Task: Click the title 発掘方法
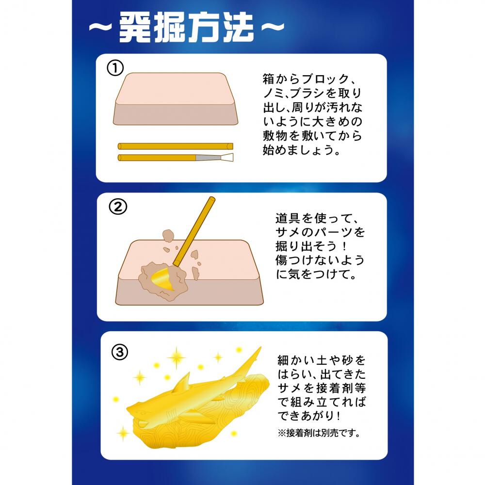tap(187, 28)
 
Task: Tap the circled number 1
tap(115, 68)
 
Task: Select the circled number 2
tap(118, 207)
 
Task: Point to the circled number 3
tap(120, 352)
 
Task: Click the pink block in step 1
tap(176, 99)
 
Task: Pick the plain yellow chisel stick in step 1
tap(176, 146)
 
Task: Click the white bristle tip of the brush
tap(227, 157)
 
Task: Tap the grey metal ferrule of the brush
tap(208, 158)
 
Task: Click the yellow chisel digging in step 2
tap(194, 231)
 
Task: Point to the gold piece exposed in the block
tap(162, 279)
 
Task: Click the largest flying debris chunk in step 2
tap(168, 236)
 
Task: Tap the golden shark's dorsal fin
tap(183, 384)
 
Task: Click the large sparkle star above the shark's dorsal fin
tap(177, 358)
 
